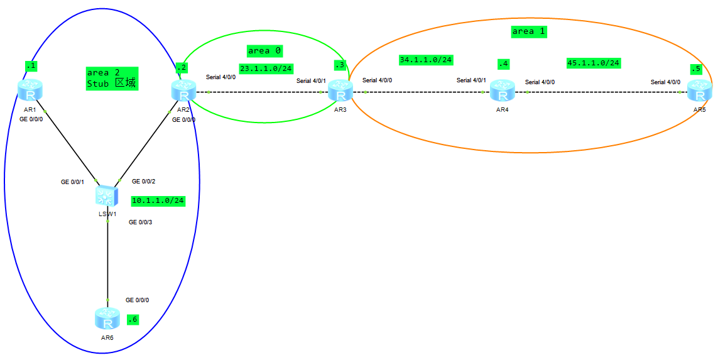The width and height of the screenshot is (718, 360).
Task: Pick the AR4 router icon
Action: pos(503,92)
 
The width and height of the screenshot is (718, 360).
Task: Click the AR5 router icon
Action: pos(699,92)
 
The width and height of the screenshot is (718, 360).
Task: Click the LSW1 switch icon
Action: pos(107,197)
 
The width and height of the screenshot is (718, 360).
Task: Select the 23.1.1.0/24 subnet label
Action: pos(266,68)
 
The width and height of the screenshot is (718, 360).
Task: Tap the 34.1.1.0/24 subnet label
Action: pos(426,60)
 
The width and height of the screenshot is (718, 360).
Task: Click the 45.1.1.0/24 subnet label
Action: pos(593,63)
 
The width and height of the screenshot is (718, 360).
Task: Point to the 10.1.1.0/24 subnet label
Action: pos(158,201)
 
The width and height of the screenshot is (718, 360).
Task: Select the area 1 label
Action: pos(528,31)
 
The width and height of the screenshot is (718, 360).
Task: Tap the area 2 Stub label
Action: pos(112,79)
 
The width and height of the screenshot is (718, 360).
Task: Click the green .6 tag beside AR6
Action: pos(132,319)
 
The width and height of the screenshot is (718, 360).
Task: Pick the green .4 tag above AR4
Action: pos(503,64)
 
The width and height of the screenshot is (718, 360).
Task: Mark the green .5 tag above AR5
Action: pos(695,68)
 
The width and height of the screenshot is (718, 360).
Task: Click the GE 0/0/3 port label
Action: pos(141,222)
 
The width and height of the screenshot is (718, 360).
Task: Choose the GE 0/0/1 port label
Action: pos(72,182)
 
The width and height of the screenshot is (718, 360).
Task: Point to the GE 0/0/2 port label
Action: pos(143,182)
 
